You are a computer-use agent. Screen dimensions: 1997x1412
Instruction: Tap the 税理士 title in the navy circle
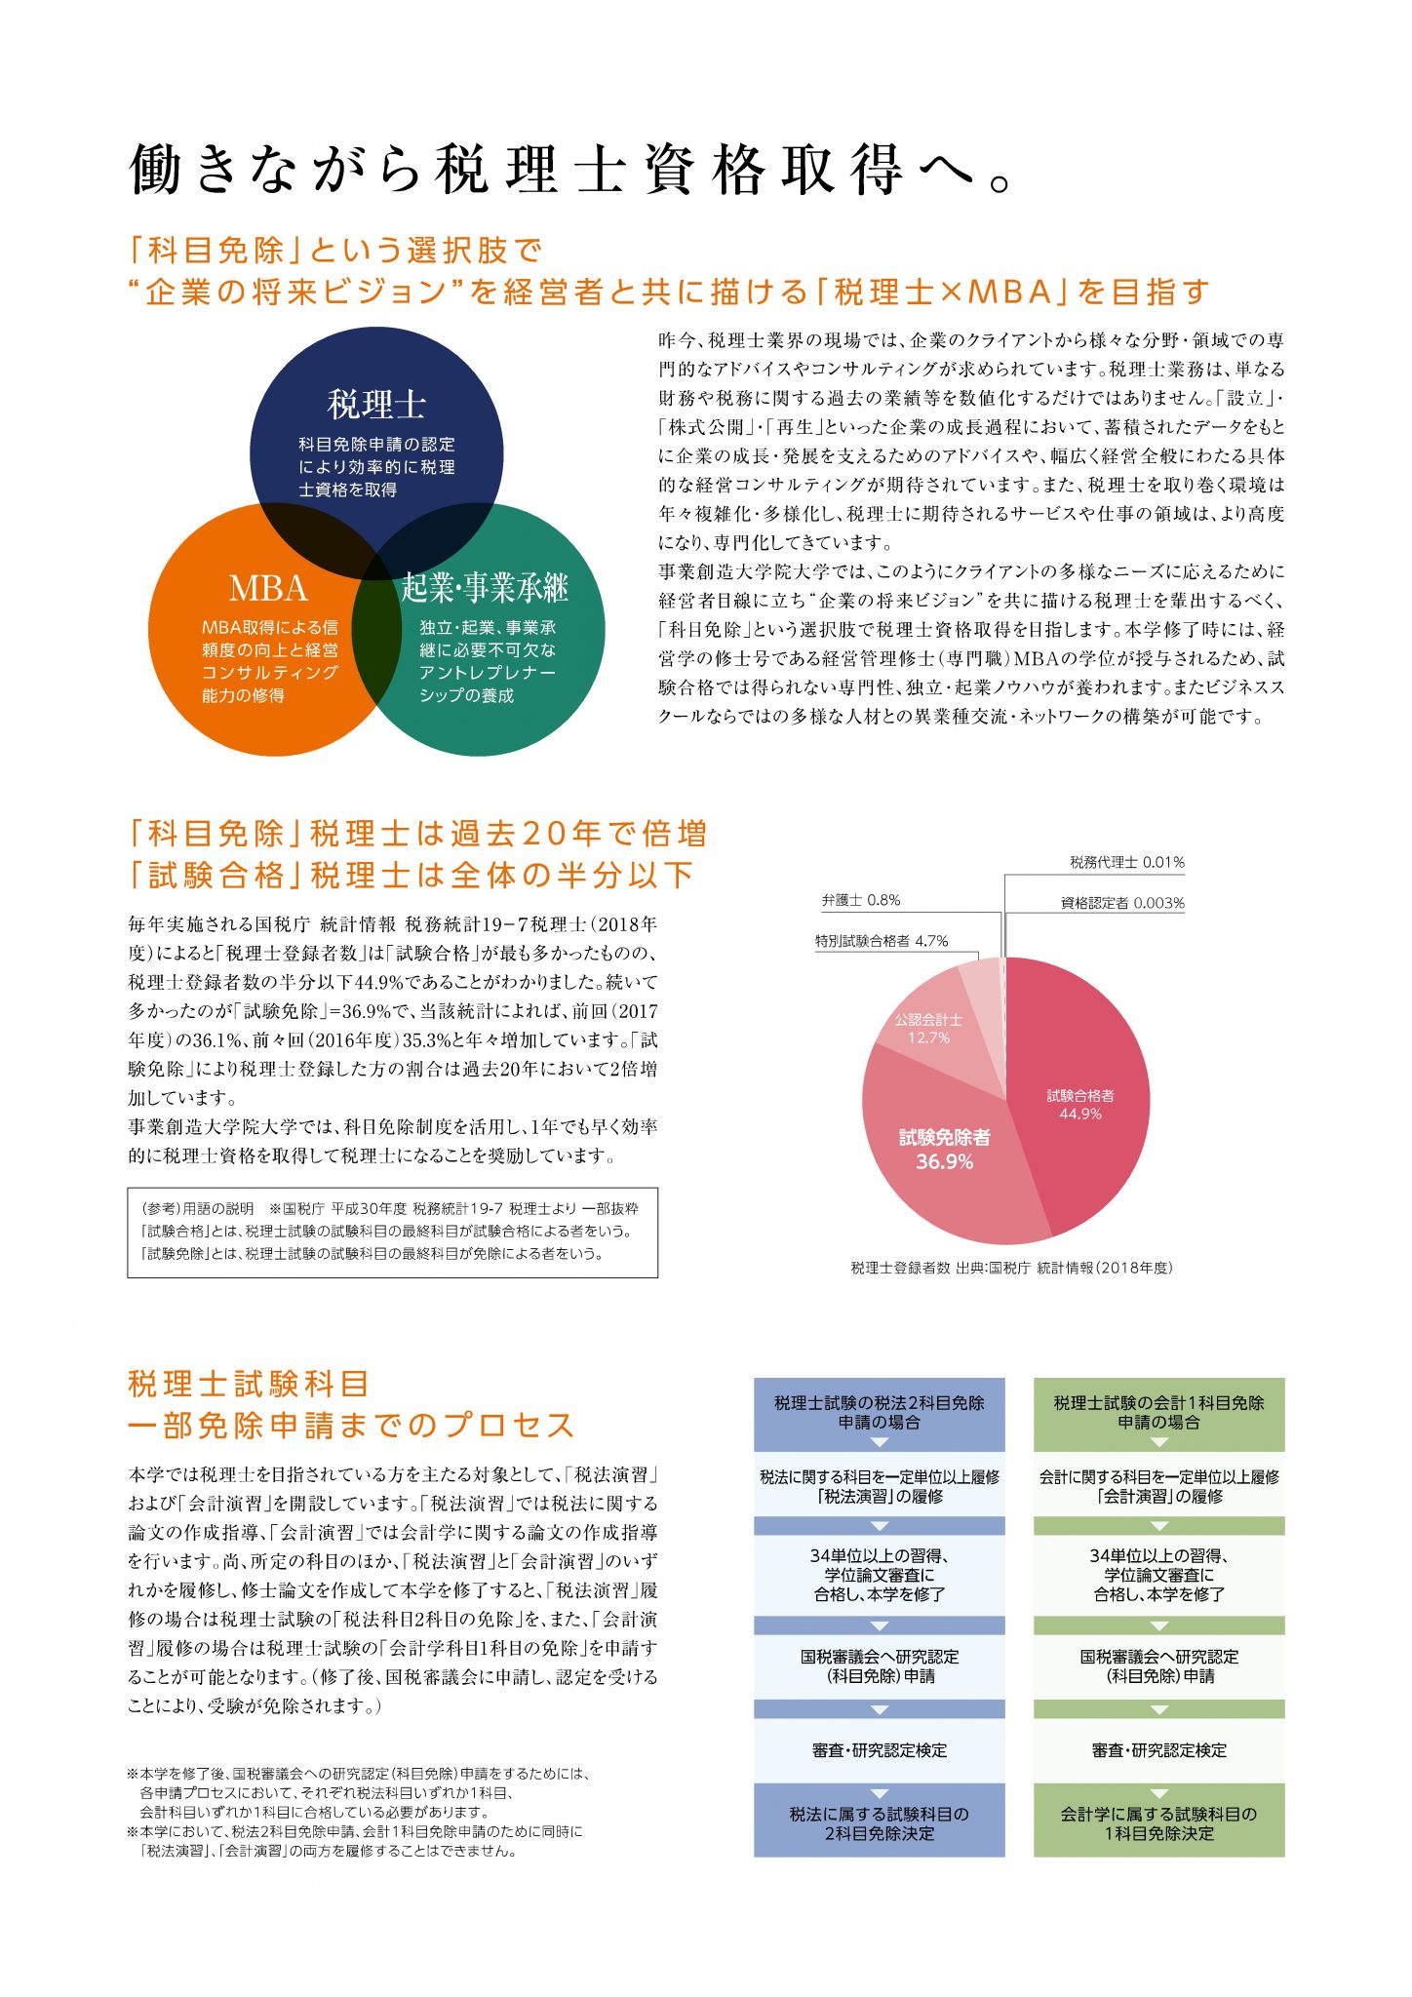pyautogui.click(x=376, y=404)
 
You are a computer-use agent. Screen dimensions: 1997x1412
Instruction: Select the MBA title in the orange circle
pyautogui.click(x=268, y=589)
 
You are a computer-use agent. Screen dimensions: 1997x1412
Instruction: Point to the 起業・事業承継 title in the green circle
pyautogui.click(x=485, y=588)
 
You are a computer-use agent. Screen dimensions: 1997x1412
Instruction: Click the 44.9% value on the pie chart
pyautogui.click(x=1080, y=1115)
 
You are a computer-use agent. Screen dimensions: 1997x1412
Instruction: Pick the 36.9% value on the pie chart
pyautogui.click(x=944, y=1161)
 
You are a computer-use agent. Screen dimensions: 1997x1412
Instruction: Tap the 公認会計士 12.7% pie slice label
pyautogui.click(x=928, y=1029)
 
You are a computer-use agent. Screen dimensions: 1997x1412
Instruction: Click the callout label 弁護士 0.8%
pyautogui.click(x=861, y=900)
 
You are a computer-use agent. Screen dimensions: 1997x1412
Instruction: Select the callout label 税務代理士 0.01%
pyautogui.click(x=1126, y=862)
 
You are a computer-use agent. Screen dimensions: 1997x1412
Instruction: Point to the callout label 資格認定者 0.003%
pyautogui.click(x=1122, y=903)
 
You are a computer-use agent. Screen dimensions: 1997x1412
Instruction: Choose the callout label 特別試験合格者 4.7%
pyautogui.click(x=882, y=941)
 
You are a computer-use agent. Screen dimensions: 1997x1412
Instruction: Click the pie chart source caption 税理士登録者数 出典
pyautogui.click(x=1011, y=1268)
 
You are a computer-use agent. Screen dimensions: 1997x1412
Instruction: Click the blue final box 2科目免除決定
pyautogui.click(x=879, y=1824)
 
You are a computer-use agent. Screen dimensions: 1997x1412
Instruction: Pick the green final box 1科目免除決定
pyautogui.click(x=1158, y=1824)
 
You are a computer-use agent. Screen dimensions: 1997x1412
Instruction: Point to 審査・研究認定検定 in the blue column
pyautogui.click(x=879, y=1750)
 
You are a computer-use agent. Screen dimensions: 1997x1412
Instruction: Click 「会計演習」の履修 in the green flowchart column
pyautogui.click(x=1158, y=1496)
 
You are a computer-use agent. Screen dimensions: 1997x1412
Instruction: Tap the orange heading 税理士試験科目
pyautogui.click(x=249, y=1384)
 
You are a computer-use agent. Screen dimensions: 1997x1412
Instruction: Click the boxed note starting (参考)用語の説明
pyautogui.click(x=392, y=1232)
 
